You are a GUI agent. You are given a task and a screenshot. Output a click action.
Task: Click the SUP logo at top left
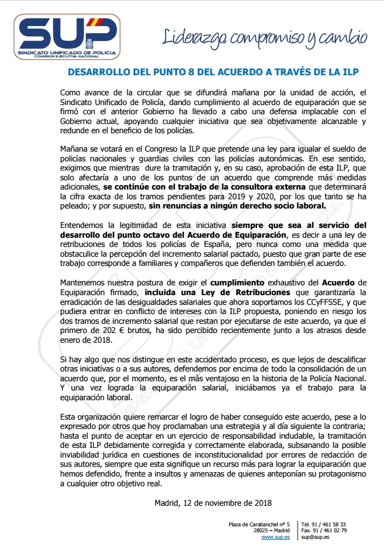coord(66,36)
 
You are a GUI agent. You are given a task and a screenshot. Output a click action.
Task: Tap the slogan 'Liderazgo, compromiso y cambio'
coord(265,36)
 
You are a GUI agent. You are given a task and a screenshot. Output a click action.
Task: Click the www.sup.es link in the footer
coord(275,537)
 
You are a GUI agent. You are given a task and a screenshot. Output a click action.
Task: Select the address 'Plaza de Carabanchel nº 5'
coord(260,524)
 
